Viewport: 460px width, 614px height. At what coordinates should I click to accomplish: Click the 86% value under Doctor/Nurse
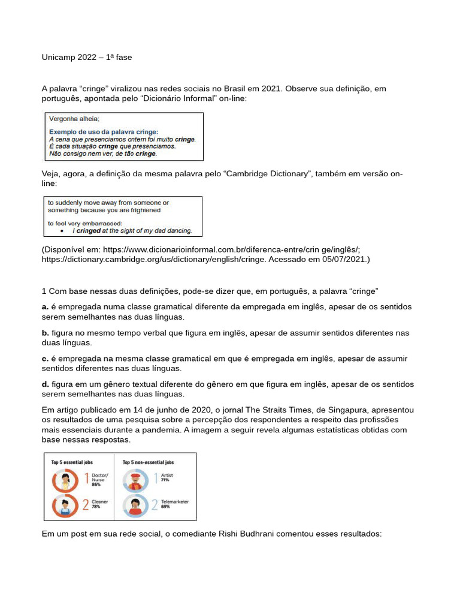pyautogui.click(x=95, y=484)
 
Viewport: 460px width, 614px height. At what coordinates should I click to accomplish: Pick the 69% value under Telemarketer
pyautogui.click(x=165, y=507)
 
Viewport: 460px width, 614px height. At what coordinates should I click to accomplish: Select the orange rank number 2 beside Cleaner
pyautogui.click(x=85, y=505)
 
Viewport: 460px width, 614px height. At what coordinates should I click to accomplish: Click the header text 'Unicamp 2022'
pyautogui.click(x=69, y=58)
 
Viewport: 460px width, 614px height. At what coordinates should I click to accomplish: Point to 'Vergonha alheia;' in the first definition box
pyautogui.click(x=74, y=119)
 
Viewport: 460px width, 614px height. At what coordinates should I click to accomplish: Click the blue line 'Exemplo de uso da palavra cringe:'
pyautogui.click(x=103, y=131)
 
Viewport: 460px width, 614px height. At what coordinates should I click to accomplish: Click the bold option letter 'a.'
pyautogui.click(x=46, y=307)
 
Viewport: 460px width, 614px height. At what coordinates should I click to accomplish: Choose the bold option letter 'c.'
pyautogui.click(x=46, y=359)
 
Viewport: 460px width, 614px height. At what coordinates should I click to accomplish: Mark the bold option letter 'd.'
pyautogui.click(x=46, y=384)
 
